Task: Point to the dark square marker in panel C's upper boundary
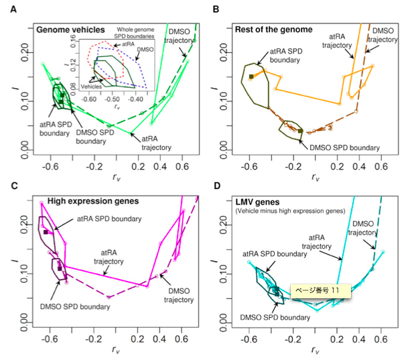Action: click(46, 232)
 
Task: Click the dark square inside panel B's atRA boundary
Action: click(251, 77)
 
